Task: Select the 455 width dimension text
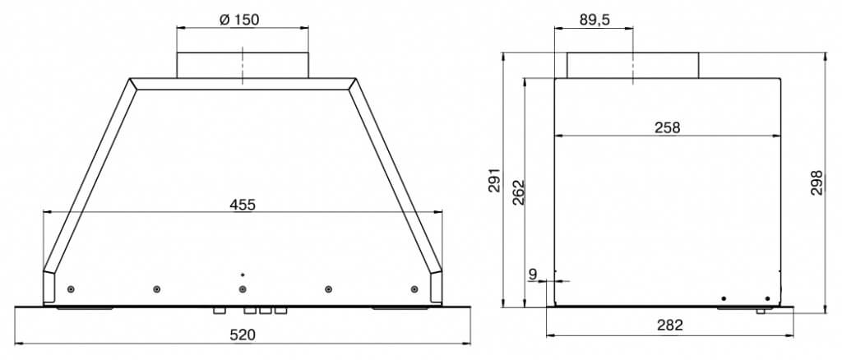(x=243, y=205)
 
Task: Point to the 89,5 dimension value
(x=594, y=21)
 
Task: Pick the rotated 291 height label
(x=494, y=181)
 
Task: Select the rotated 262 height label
(x=518, y=192)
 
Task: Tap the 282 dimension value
(x=670, y=325)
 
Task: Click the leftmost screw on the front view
(x=72, y=289)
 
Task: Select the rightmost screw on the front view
(x=414, y=289)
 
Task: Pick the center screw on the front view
(x=242, y=289)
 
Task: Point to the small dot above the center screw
(x=242, y=274)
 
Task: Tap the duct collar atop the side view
(x=632, y=65)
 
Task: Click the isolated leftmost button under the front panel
(x=219, y=312)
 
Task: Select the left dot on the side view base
(x=724, y=298)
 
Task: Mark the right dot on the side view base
(x=767, y=298)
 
